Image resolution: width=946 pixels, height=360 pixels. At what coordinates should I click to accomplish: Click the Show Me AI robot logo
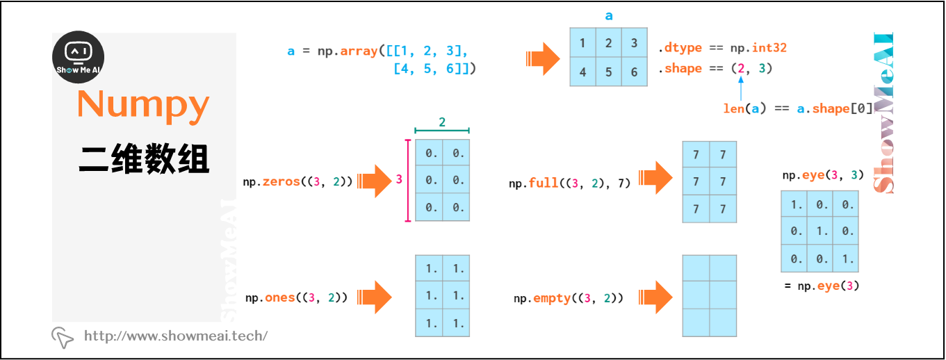click(x=79, y=58)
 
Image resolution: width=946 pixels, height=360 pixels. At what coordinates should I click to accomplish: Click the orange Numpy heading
click(x=143, y=104)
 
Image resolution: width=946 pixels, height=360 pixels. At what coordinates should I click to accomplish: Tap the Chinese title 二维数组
click(x=143, y=159)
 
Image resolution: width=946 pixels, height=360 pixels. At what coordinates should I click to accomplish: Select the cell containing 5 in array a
click(x=608, y=72)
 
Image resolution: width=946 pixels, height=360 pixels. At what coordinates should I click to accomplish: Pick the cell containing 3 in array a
click(x=634, y=43)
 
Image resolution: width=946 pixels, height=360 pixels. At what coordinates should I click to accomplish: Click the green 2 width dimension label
click(x=442, y=122)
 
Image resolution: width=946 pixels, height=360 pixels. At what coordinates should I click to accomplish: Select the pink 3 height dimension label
click(x=399, y=179)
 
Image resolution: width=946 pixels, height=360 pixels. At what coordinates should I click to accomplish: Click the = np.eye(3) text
click(x=822, y=286)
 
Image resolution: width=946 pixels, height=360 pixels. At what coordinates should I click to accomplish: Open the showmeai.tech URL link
click(x=175, y=336)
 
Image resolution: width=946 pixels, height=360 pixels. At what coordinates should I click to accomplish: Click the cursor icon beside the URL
click(x=63, y=337)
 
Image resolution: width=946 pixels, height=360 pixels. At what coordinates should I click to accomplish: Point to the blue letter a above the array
click(x=609, y=16)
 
